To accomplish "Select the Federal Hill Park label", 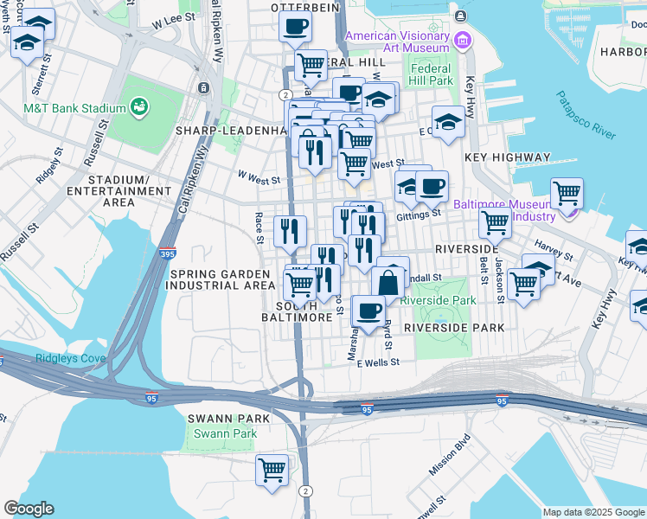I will point(432,74).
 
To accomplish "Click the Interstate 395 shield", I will point(170,254).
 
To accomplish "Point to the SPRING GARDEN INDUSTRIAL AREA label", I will point(221,279).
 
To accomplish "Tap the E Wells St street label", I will point(376,364).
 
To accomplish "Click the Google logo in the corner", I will point(29,509).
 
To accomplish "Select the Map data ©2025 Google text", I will point(593,512).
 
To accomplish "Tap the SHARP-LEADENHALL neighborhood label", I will point(229,131).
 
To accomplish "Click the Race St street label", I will point(259,227).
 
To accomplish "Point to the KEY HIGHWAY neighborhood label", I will point(507,157).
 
